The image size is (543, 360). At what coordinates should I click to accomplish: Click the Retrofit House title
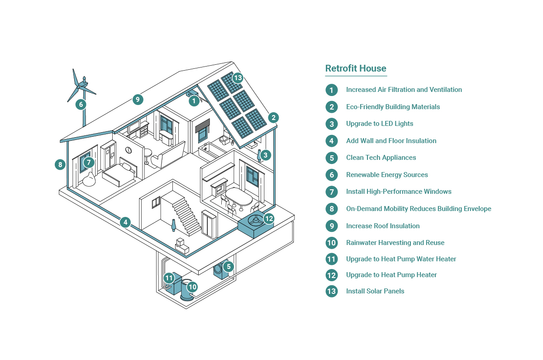click(x=356, y=68)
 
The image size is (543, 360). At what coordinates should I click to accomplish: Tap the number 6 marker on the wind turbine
click(x=81, y=105)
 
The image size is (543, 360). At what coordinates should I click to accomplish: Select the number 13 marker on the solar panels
click(x=238, y=78)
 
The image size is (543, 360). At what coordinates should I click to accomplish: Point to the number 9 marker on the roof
click(x=138, y=100)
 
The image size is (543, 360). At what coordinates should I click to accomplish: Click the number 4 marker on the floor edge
click(x=125, y=222)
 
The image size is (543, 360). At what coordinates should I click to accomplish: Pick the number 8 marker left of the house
click(x=60, y=165)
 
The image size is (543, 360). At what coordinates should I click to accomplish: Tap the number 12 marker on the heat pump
click(x=269, y=219)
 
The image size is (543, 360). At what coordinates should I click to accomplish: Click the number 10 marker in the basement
click(x=192, y=287)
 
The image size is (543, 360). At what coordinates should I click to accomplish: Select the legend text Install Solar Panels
click(x=375, y=291)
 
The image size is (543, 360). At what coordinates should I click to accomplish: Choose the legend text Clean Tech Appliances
click(x=381, y=158)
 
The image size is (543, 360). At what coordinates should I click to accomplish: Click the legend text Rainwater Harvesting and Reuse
click(x=395, y=243)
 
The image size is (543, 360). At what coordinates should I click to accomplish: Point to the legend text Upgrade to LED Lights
click(x=380, y=124)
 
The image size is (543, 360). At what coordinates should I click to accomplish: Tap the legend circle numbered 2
click(x=332, y=107)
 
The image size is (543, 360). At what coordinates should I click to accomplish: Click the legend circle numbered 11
click(x=332, y=259)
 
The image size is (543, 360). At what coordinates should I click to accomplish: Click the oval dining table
click(x=239, y=197)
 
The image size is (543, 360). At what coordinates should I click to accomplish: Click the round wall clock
click(x=129, y=150)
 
